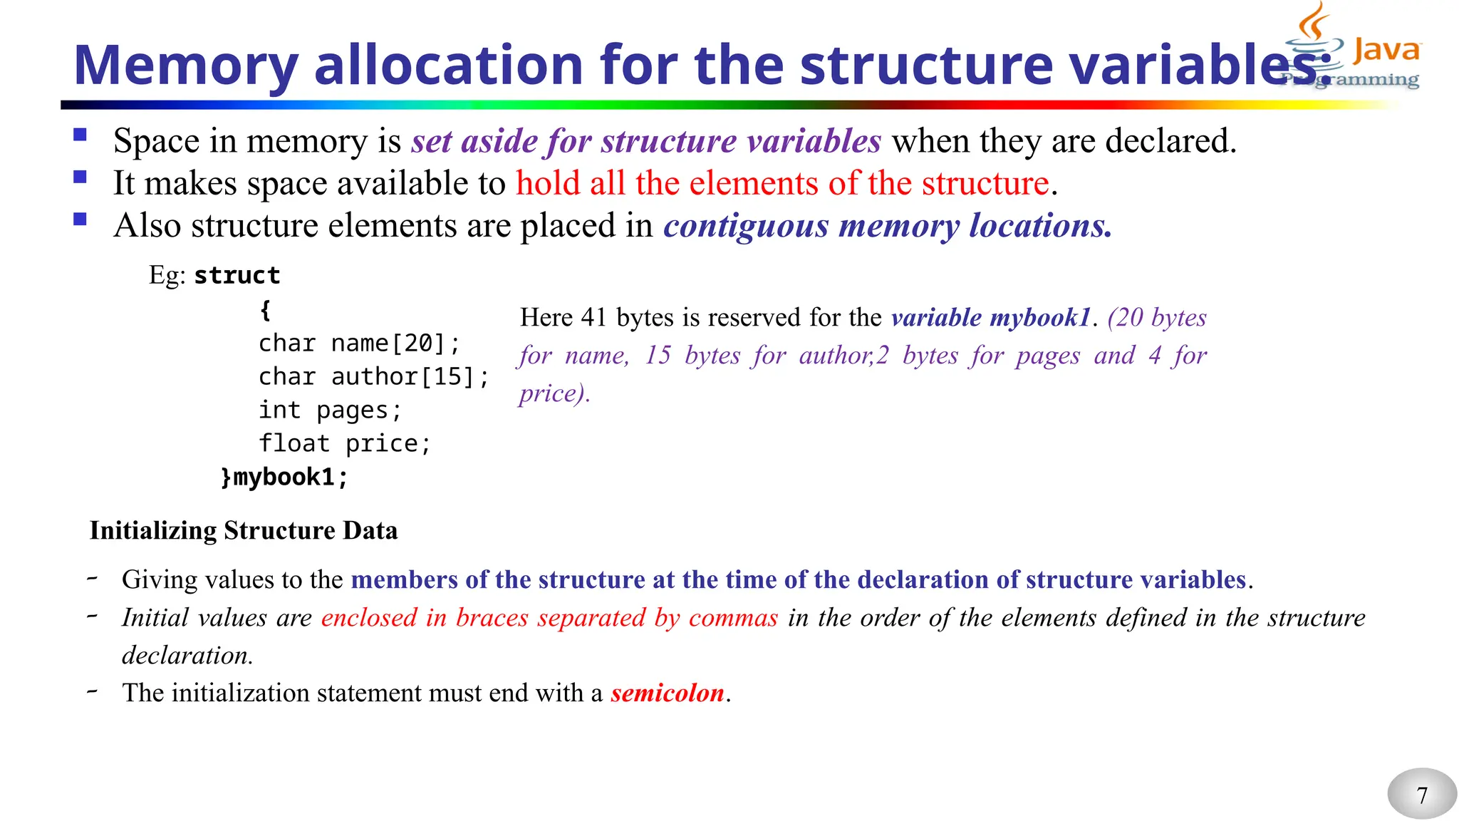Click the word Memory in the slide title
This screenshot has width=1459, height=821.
pos(185,66)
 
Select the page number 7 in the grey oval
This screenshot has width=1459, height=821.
pos(1422,795)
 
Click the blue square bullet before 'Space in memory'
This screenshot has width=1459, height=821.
pos(80,135)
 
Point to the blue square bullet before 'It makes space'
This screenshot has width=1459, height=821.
pos(80,177)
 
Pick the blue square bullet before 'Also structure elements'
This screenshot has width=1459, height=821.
pos(80,219)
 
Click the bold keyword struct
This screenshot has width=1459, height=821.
pos(237,276)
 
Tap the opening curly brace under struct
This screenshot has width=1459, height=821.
pos(265,309)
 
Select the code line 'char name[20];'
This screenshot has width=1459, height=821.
pos(359,344)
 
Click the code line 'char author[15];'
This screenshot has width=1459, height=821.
pos(373,377)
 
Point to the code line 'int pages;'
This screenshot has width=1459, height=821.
pos(330,410)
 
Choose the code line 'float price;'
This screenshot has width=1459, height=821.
pos(345,444)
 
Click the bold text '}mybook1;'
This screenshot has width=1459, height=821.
pos(284,477)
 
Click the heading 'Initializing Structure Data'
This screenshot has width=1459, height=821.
pos(244,531)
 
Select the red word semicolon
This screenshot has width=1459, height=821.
pos(668,693)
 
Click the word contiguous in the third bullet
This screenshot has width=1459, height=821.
pos(746,226)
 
